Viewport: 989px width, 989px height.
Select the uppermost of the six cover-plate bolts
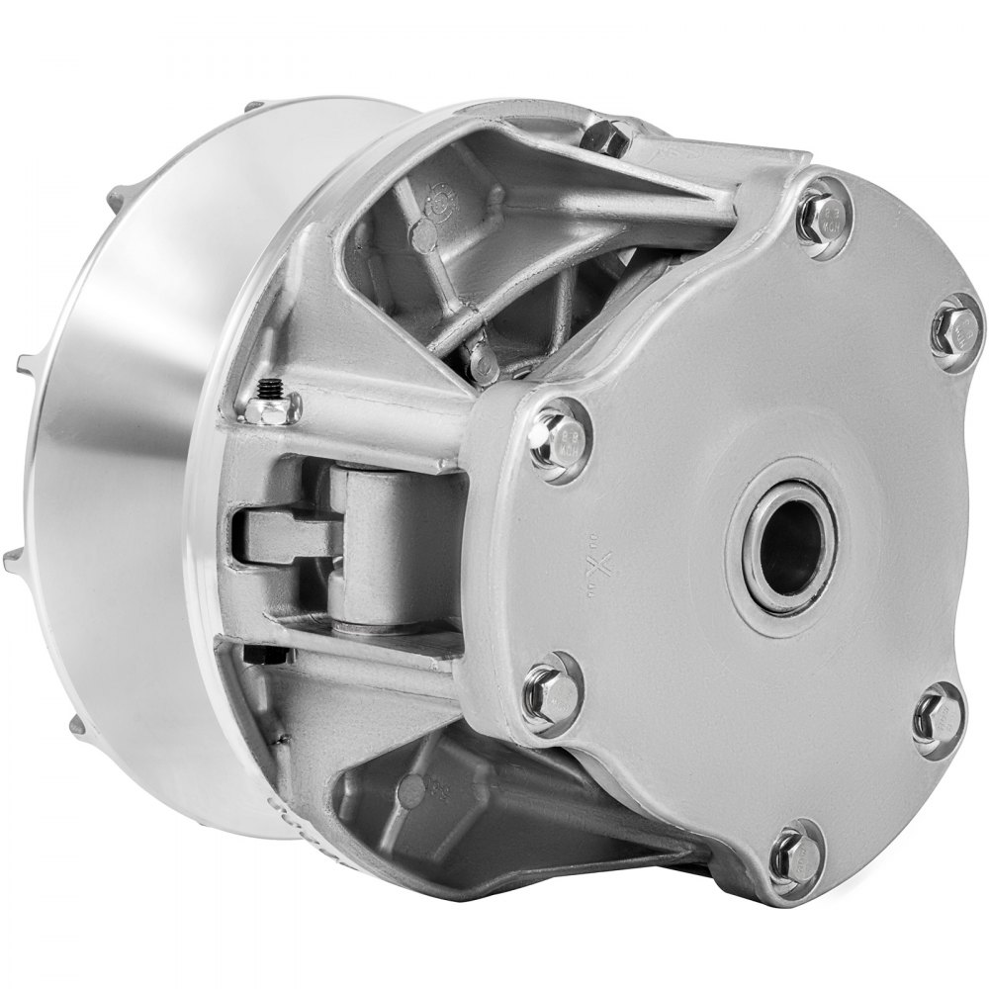820,212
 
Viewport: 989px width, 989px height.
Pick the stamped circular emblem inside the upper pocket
431,205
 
